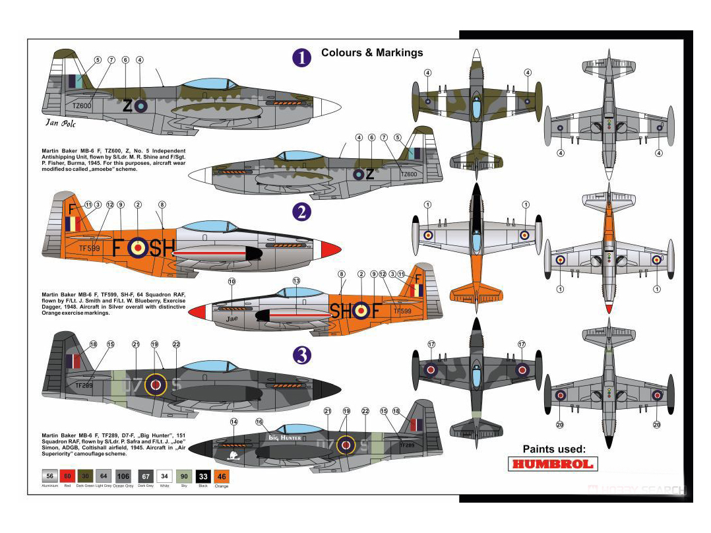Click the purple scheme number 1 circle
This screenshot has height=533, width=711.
[301, 57]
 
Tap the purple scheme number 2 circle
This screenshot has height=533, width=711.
[301, 212]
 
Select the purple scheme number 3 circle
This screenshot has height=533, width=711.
[301, 356]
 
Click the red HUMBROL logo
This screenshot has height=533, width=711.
[554, 464]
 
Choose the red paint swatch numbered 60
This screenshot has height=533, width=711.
[67, 476]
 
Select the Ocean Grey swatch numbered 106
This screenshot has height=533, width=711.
[123, 476]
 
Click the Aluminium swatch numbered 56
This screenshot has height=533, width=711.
[49, 476]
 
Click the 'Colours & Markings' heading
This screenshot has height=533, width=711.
[372, 53]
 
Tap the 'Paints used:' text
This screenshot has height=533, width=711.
[554, 449]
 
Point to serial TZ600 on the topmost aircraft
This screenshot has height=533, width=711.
[82, 106]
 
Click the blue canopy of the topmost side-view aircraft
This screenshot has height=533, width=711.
[208, 84]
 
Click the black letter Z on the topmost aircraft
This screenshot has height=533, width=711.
[127, 105]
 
